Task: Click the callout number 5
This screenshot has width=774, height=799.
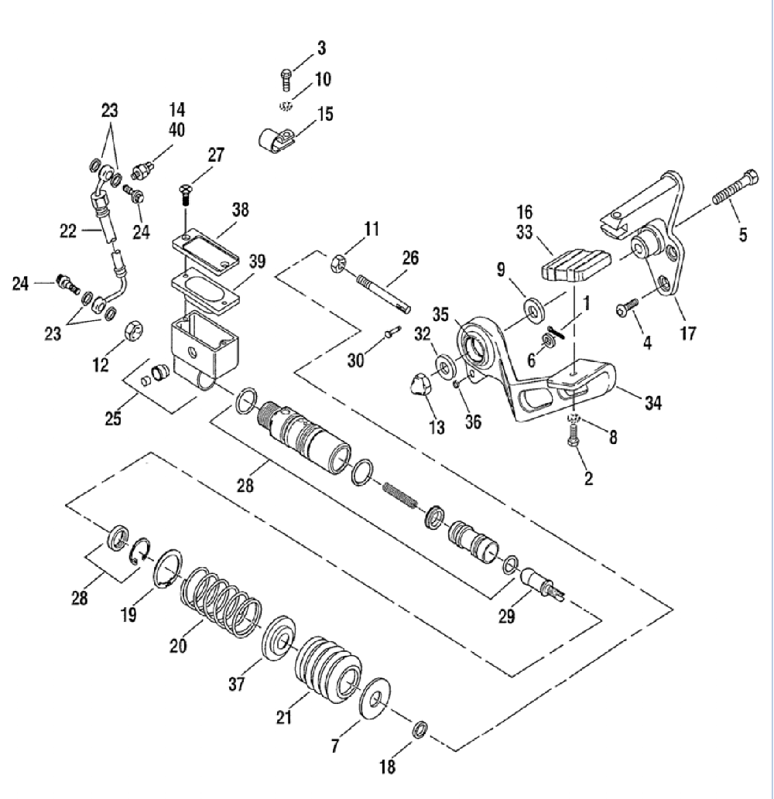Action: pos(742,234)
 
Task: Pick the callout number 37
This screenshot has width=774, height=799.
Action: pos(237,683)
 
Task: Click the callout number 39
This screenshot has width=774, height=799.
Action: pos(257,261)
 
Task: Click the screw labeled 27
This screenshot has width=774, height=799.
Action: pos(184,195)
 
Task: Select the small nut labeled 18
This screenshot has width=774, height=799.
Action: pos(420,730)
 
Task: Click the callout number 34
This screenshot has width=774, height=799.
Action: pos(653,403)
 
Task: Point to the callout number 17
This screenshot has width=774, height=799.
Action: pos(688,334)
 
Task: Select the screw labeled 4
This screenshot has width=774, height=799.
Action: pos(626,308)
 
